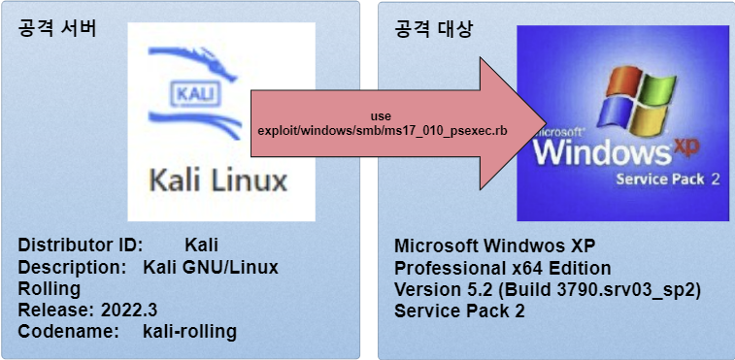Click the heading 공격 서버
pyautogui.click(x=56, y=29)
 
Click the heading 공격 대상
pyautogui.click(x=434, y=29)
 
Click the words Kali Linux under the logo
pyautogui.click(x=218, y=180)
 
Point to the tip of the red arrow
pyautogui.click(x=546, y=123)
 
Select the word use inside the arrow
pyautogui.click(x=381, y=115)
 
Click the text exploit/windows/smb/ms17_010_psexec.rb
pyautogui.click(x=381, y=130)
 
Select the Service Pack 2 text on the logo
pyautogui.click(x=667, y=180)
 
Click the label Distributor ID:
pyautogui.click(x=81, y=245)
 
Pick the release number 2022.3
pyautogui.click(x=129, y=310)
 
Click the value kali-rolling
pyautogui.click(x=189, y=332)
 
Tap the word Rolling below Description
pyautogui.click(x=50, y=289)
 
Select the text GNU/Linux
pyautogui.click(x=231, y=267)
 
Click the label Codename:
pyautogui.click(x=68, y=332)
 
